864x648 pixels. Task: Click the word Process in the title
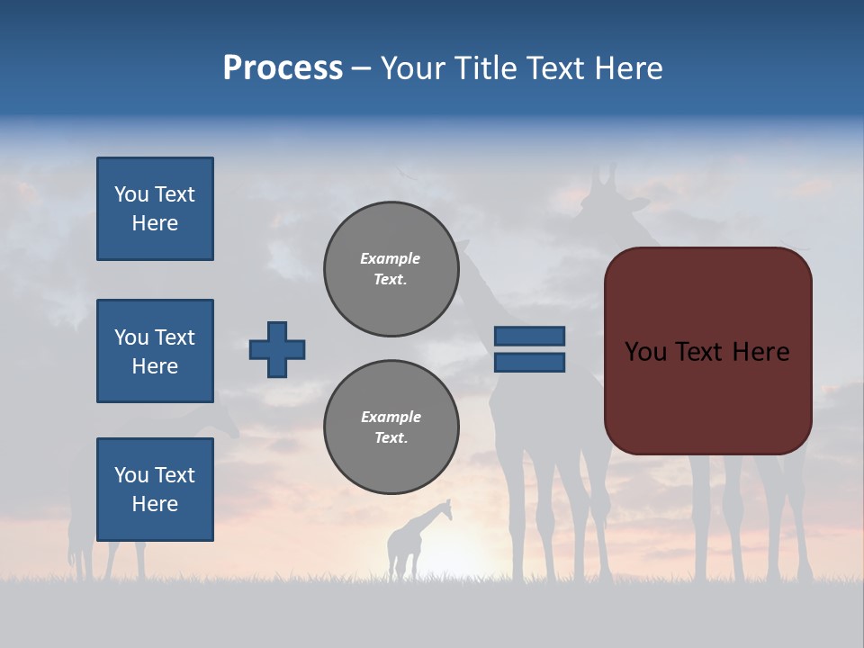point(283,68)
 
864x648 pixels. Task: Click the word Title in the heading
point(484,68)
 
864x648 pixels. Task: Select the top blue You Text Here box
point(155,209)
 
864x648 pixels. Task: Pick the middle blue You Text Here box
point(155,351)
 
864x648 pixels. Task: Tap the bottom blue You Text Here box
point(155,490)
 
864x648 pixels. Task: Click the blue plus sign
point(277,349)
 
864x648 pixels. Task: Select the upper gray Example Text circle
point(391,269)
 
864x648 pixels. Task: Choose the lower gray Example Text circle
point(391,427)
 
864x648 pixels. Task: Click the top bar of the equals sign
point(529,336)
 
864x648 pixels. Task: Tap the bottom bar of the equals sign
point(529,363)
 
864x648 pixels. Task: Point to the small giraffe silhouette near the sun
point(416,540)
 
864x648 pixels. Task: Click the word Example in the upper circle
point(390,258)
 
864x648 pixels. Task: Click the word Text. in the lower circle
point(391,438)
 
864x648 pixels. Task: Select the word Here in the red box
point(760,352)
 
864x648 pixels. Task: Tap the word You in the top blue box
point(131,194)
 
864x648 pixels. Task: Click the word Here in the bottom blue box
point(155,504)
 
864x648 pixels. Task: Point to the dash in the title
point(362,69)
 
